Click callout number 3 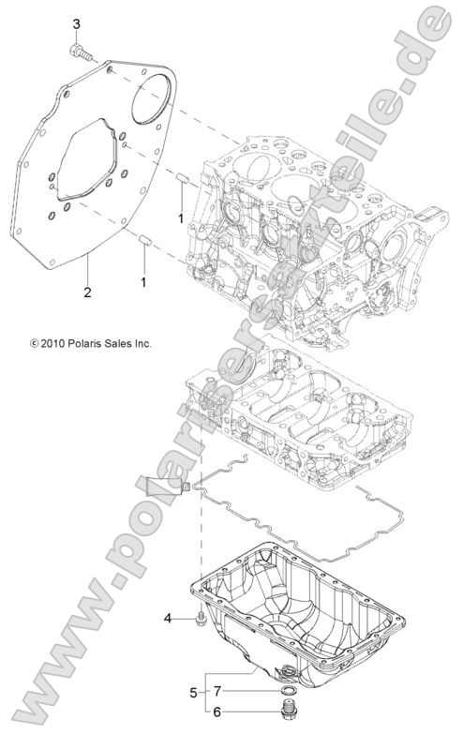point(76,23)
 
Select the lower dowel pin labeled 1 point(145,244)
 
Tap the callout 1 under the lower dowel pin point(143,280)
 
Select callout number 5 point(194,695)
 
